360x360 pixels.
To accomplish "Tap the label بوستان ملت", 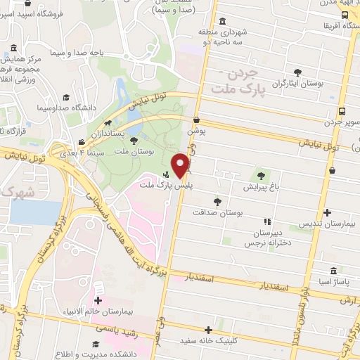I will (x=134, y=152).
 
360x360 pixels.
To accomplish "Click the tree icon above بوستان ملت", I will (x=134, y=141).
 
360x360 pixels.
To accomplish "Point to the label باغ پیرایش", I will (x=261, y=187).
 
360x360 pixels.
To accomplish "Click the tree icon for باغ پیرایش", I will (x=262, y=175).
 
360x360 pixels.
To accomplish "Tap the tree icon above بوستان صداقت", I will (x=217, y=201).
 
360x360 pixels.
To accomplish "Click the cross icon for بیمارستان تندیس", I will (x=327, y=212).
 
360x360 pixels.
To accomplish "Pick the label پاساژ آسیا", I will (x=333, y=282).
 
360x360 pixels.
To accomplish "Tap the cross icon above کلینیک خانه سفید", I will (x=208, y=330).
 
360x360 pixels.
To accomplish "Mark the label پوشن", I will (x=195, y=131).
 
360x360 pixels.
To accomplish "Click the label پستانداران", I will (x=109, y=133).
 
